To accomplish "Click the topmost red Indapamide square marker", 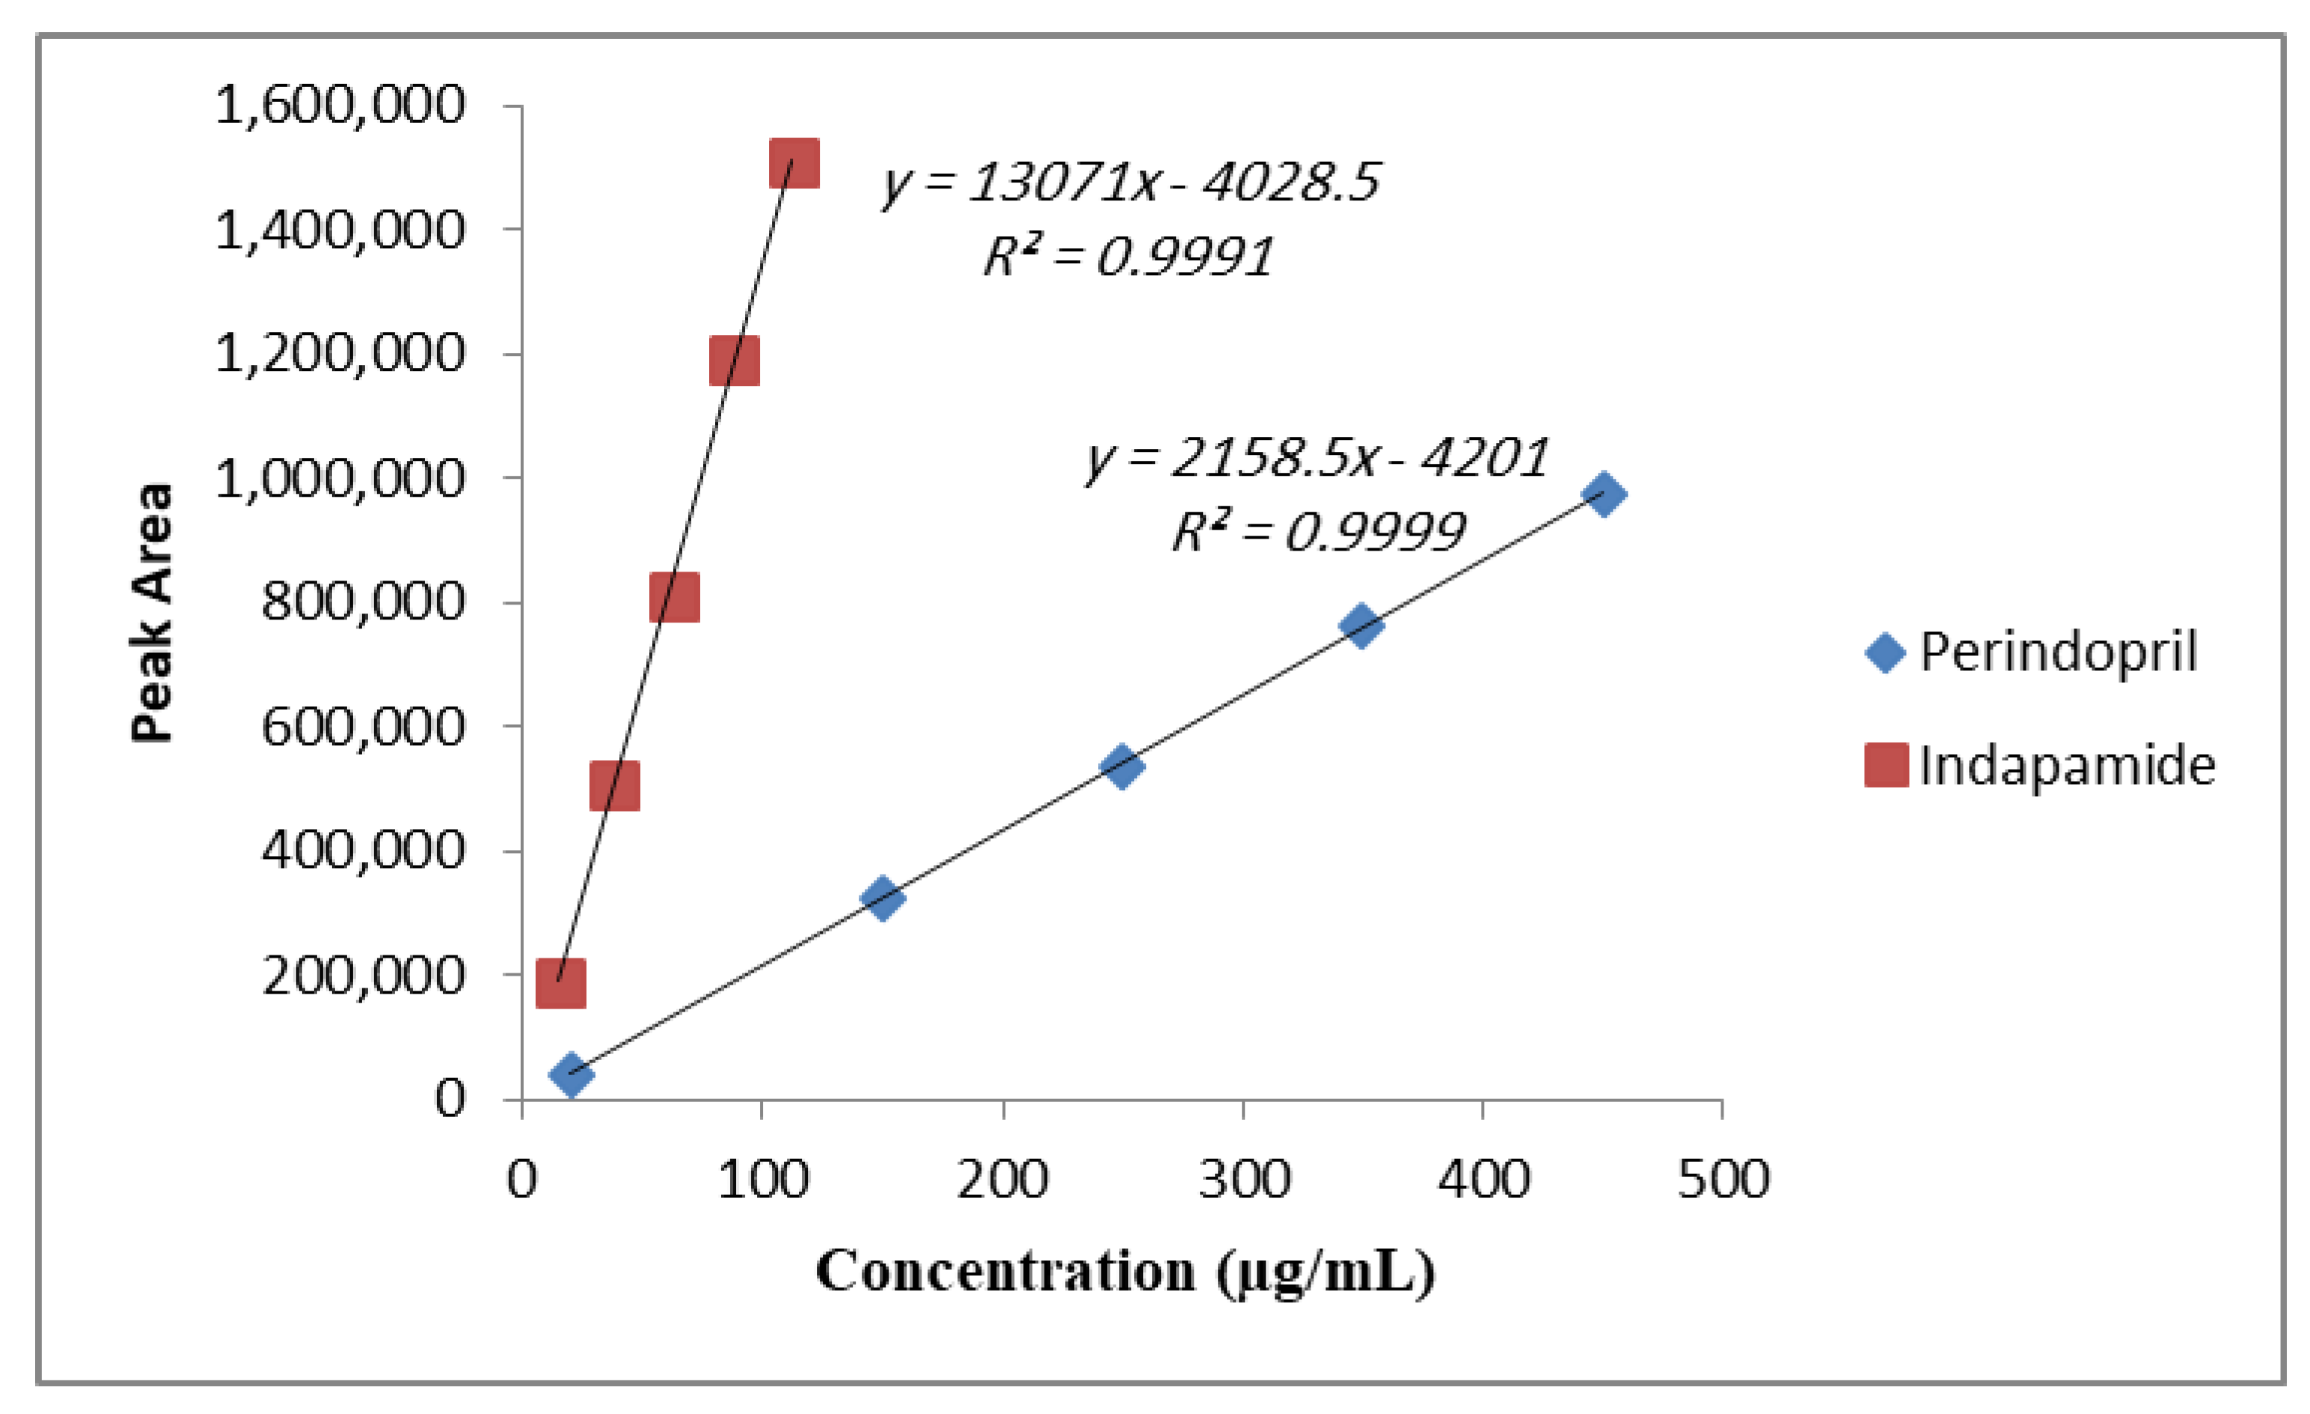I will click(794, 163).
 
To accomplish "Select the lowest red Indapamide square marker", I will click(560, 982).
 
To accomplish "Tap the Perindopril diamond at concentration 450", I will click(1603, 494).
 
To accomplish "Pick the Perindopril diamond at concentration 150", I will click(881, 899).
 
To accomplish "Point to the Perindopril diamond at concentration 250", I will click(1121, 766).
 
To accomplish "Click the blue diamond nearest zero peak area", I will click(571, 1074).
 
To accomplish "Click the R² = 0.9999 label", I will click(1317, 533).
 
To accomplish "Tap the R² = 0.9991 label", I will click(1128, 255).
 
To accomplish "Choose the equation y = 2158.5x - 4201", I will click(1317, 459).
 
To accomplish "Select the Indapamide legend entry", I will click(2039, 765).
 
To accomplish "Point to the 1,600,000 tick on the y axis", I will click(340, 104).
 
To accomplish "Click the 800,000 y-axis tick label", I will click(363, 600).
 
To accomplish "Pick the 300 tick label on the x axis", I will click(1243, 1178).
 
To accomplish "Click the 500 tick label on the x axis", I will click(1722, 1178).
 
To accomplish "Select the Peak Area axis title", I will click(152, 611).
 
